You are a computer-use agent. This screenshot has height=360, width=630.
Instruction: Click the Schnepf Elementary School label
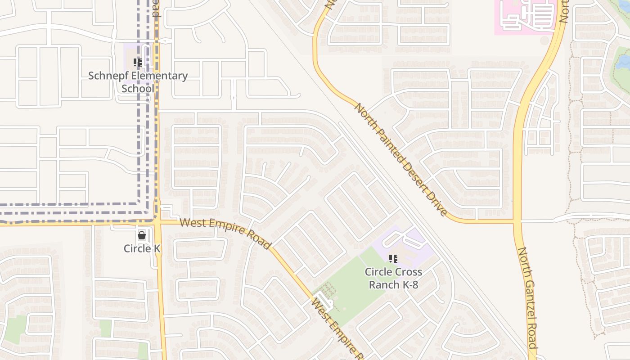pos(138,82)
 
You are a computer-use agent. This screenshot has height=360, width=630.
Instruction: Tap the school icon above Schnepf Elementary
pos(138,63)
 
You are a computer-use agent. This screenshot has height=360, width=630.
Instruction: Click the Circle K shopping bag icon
pos(142,235)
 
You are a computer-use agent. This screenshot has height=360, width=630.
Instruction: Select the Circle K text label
pos(142,248)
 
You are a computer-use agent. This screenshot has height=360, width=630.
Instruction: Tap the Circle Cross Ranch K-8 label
pos(393,278)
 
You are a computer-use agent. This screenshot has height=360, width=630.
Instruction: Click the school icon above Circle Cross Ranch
pos(393,259)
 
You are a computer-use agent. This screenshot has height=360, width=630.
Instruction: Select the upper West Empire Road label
pos(225,233)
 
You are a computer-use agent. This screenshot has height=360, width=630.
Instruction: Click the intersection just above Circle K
pos(157,221)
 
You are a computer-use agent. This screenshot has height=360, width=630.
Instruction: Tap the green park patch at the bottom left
pos(16,328)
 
